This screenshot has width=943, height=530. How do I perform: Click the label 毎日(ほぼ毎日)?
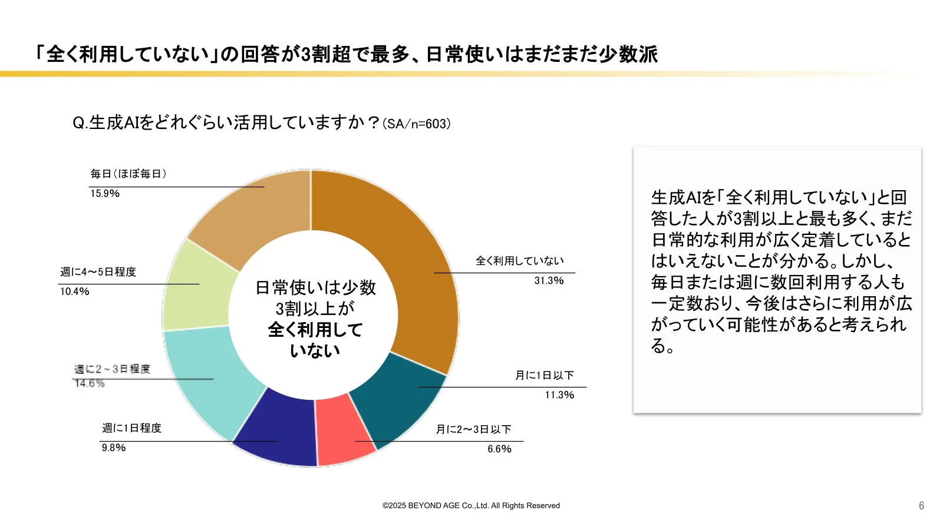coord(128,174)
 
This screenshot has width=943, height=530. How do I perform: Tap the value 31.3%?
coord(549,280)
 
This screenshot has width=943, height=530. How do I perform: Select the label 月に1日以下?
coord(544,375)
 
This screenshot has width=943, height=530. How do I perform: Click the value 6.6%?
coord(499,449)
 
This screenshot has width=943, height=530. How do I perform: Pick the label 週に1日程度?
coord(131,428)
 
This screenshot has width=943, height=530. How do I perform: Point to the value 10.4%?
coord(75,291)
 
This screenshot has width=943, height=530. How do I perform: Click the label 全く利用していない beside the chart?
coord(519,261)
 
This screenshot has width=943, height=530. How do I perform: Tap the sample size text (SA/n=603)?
coord(417,124)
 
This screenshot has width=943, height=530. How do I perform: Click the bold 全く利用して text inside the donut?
coord(315,330)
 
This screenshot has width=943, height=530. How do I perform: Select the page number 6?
coord(921,506)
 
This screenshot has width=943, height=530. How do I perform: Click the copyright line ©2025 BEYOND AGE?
coord(471,505)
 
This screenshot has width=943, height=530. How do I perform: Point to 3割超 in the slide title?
coord(326,54)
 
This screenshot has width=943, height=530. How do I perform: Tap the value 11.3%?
coord(559,395)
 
